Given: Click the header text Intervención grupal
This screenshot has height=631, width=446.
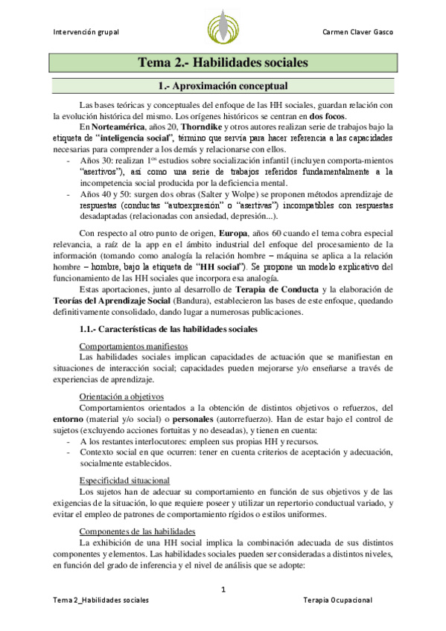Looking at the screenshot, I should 87,33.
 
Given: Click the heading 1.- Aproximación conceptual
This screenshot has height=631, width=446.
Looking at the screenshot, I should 223,86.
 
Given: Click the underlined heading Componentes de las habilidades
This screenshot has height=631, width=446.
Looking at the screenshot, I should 137,510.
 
